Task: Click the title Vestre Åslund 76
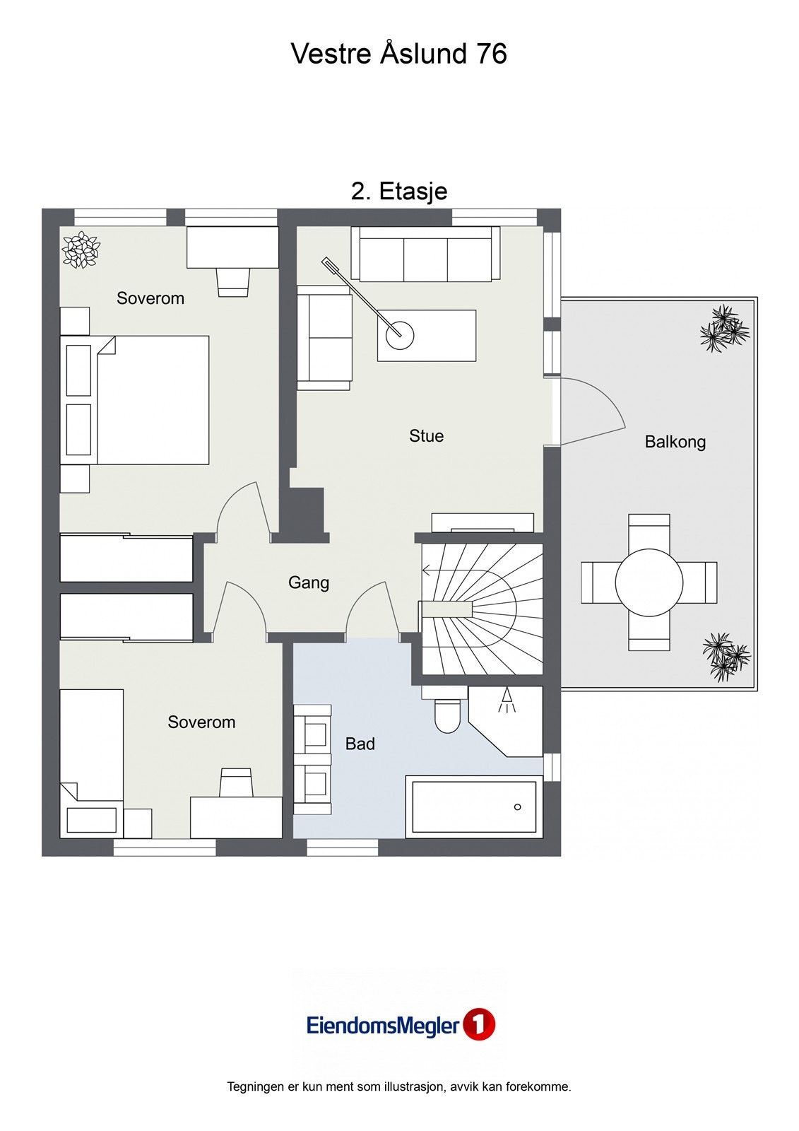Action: (398, 53)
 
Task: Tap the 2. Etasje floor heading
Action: (399, 192)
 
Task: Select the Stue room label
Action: (427, 435)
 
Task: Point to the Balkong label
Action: (675, 442)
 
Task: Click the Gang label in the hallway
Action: (309, 582)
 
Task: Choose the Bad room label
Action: (360, 744)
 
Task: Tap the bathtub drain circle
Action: (517, 807)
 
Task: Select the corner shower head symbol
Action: (507, 701)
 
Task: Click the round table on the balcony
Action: (649, 582)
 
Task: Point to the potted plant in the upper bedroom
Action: (81, 250)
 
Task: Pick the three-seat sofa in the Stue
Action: (425, 254)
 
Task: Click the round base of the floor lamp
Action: (400, 334)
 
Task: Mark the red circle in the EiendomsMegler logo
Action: (479, 1024)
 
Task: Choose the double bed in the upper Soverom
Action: (135, 400)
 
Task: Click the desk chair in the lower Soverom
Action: (236, 783)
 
